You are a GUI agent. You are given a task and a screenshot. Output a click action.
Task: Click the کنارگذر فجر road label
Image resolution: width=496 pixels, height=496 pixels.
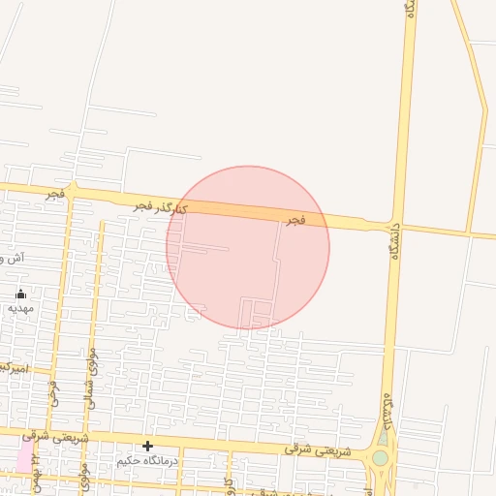click(x=161, y=207)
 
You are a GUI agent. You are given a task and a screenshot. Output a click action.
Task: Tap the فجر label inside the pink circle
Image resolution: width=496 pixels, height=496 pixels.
click(x=295, y=221)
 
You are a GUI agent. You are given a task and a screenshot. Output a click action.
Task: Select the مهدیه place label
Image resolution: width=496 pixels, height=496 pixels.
click(x=20, y=308)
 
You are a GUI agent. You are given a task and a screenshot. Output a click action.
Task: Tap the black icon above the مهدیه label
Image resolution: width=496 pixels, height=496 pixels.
click(x=20, y=294)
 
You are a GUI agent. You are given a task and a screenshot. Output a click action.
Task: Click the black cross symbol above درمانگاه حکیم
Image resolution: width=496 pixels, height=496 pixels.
click(x=147, y=446)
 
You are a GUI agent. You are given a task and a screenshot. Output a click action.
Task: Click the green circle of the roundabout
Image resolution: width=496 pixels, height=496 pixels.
click(x=381, y=457)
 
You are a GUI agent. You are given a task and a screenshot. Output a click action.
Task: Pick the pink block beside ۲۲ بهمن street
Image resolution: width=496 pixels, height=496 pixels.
click(x=23, y=456)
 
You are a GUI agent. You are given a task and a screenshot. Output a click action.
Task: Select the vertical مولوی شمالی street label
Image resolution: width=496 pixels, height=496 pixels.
click(x=92, y=378)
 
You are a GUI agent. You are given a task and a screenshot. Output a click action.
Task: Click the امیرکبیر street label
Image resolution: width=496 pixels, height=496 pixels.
click(x=14, y=369)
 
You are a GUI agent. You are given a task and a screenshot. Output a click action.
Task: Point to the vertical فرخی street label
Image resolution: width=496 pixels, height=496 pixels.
click(x=54, y=392)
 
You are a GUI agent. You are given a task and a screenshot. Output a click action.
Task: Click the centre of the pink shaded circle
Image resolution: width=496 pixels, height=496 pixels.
click(x=248, y=248)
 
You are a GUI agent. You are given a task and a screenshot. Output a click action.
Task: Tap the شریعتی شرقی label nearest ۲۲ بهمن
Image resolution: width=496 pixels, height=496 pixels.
click(x=66, y=439)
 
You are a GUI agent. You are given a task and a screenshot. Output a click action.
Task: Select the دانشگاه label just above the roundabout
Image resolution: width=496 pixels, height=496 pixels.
click(x=388, y=410)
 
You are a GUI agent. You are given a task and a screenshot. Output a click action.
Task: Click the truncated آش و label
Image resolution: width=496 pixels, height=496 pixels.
click(x=12, y=259)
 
